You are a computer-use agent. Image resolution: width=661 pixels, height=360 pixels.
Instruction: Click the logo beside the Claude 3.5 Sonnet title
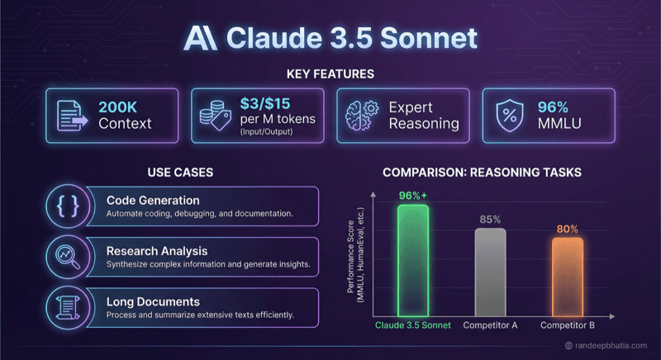[201, 38]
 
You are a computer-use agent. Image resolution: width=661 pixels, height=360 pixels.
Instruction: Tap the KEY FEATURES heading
[330, 74]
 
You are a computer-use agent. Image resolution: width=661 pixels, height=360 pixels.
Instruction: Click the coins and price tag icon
[212, 116]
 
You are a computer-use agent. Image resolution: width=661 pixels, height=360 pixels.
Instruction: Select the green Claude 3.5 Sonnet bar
[412, 261]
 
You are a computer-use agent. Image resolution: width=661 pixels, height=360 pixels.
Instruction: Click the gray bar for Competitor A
[491, 272]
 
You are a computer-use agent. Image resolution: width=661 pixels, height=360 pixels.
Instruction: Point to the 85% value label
[491, 220]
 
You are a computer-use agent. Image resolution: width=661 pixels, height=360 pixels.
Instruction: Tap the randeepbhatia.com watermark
[608, 346]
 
